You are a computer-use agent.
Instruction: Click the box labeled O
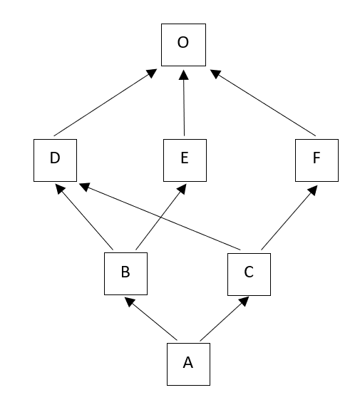[x=183, y=43]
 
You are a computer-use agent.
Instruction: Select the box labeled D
[x=55, y=158]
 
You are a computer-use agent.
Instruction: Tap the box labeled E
[x=184, y=158]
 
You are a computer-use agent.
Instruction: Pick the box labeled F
[x=317, y=158]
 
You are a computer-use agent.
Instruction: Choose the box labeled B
[x=125, y=273]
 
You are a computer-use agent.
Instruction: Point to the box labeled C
[x=250, y=273]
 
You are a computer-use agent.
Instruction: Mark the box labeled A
[x=187, y=364]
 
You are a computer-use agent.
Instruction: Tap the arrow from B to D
[x=85, y=217]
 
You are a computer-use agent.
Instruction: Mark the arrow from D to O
[x=104, y=103]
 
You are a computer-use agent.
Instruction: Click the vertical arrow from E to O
[x=184, y=103]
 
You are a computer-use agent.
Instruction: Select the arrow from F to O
[x=264, y=103]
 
